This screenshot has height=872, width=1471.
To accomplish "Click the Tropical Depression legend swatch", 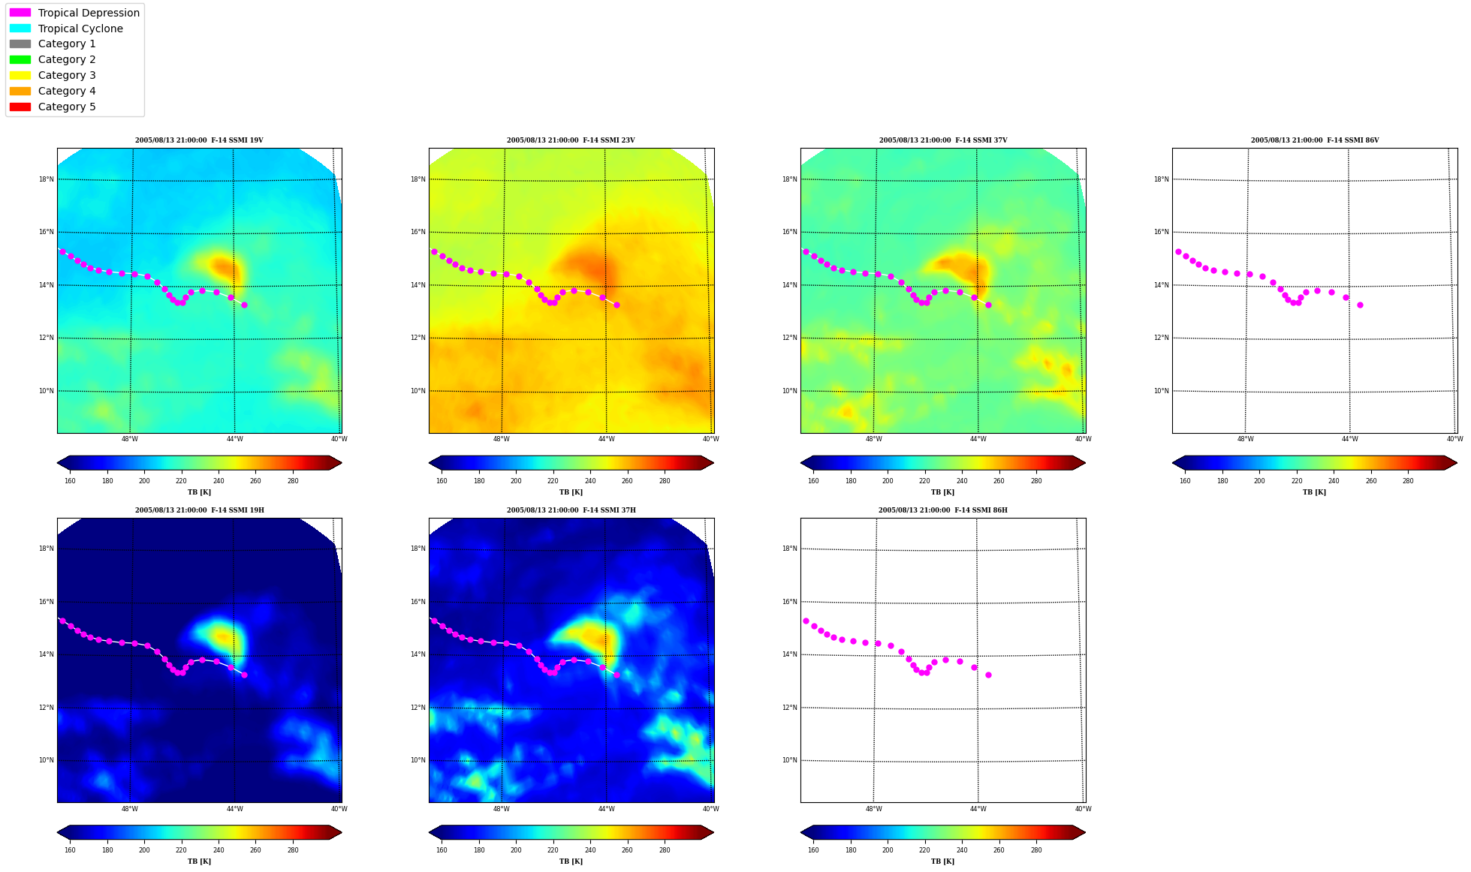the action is [20, 13].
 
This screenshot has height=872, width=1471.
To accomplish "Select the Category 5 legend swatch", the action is [20, 107].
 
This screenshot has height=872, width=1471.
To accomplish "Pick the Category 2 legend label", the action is [67, 59].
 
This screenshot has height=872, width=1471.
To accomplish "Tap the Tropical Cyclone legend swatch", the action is [20, 29].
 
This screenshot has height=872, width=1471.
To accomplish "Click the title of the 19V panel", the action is [199, 140].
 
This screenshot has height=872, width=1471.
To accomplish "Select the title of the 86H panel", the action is [943, 510].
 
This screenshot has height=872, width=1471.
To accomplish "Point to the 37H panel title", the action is [571, 510].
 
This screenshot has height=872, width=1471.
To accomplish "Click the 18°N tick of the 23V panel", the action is [417, 179].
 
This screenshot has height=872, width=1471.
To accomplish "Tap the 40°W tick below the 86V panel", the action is [1454, 439].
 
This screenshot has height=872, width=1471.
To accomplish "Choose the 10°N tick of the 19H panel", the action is [46, 760].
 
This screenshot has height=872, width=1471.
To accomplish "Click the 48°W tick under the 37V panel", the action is [873, 439].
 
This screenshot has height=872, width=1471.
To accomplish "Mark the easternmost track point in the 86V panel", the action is [1360, 305].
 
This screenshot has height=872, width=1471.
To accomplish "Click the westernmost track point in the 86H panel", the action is [806, 621].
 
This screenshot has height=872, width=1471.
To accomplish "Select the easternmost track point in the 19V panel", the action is [244, 305].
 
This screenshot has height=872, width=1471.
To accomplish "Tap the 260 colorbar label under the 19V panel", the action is [255, 481].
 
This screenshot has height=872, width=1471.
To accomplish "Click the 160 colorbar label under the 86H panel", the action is [813, 850].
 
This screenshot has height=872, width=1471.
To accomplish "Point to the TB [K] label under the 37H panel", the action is [571, 861].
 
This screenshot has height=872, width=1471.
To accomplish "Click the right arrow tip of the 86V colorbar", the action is [1457, 463].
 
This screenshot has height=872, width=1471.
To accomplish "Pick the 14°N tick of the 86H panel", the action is [789, 654].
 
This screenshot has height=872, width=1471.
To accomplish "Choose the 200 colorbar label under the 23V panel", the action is [516, 481].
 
